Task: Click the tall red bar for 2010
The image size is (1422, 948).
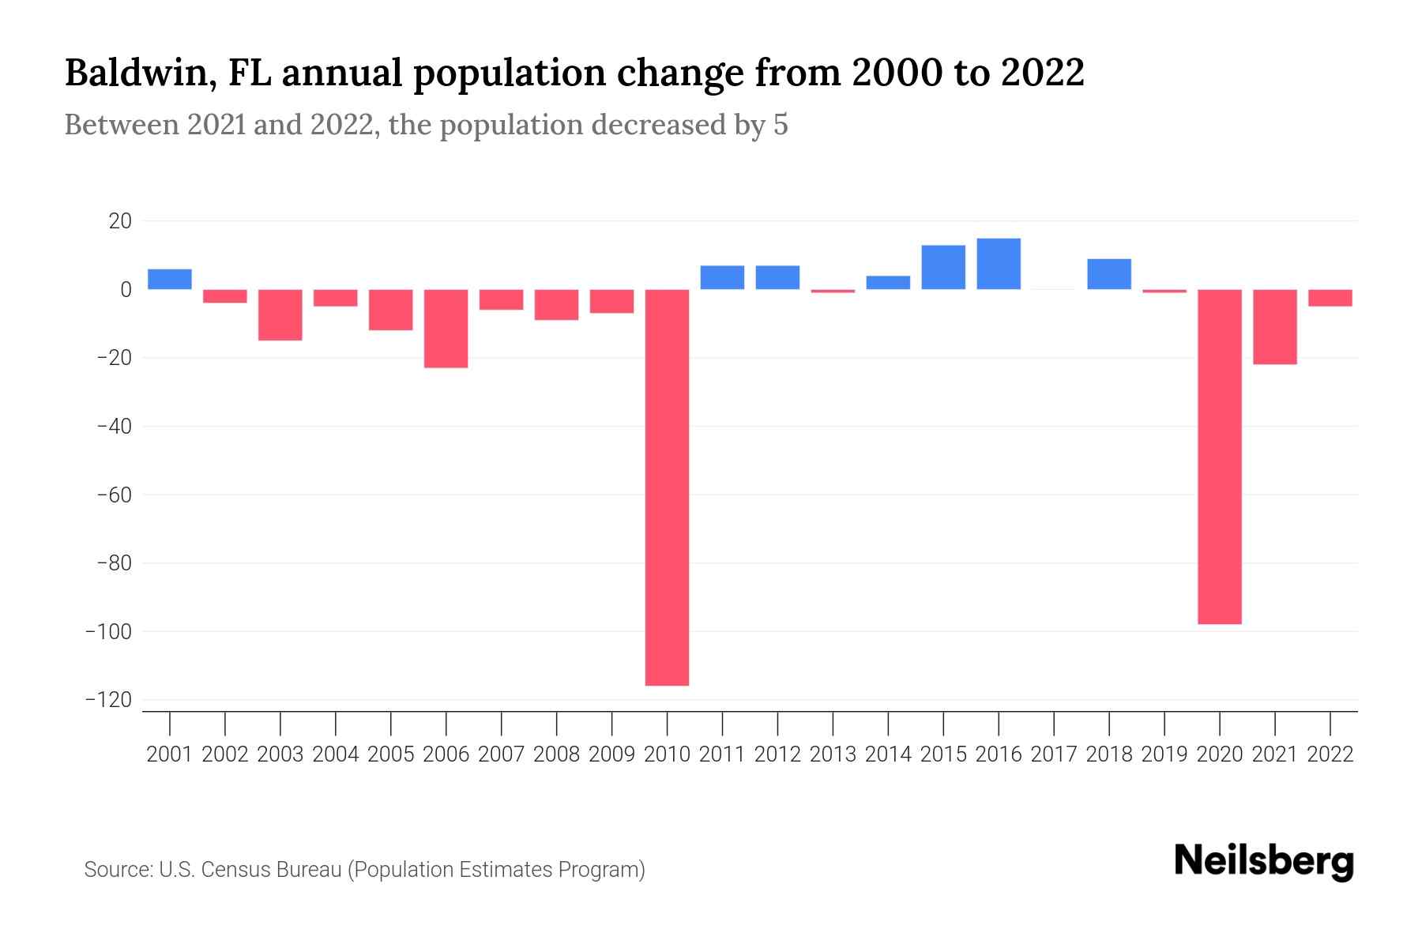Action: click(667, 487)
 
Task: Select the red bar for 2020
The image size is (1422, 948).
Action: click(1219, 457)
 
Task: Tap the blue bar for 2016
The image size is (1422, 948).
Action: click(999, 264)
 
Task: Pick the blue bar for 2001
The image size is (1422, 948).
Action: click(170, 279)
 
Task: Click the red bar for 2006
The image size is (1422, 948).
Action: click(446, 329)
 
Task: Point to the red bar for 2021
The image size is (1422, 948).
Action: click(1274, 326)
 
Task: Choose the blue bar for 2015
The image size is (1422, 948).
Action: click(943, 267)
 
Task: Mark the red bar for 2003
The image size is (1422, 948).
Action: click(280, 314)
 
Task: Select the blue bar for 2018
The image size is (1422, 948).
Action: click(1109, 274)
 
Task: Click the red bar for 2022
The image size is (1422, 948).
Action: click(1330, 298)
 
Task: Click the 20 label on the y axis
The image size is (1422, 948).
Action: click(120, 221)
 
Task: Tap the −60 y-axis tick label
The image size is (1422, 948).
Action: click(114, 495)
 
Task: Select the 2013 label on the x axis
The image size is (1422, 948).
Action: click(833, 754)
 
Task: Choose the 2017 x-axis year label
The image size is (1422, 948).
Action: click(1054, 754)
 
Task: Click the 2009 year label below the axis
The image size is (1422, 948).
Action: click(611, 754)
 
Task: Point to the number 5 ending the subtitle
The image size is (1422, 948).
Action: click(781, 125)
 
